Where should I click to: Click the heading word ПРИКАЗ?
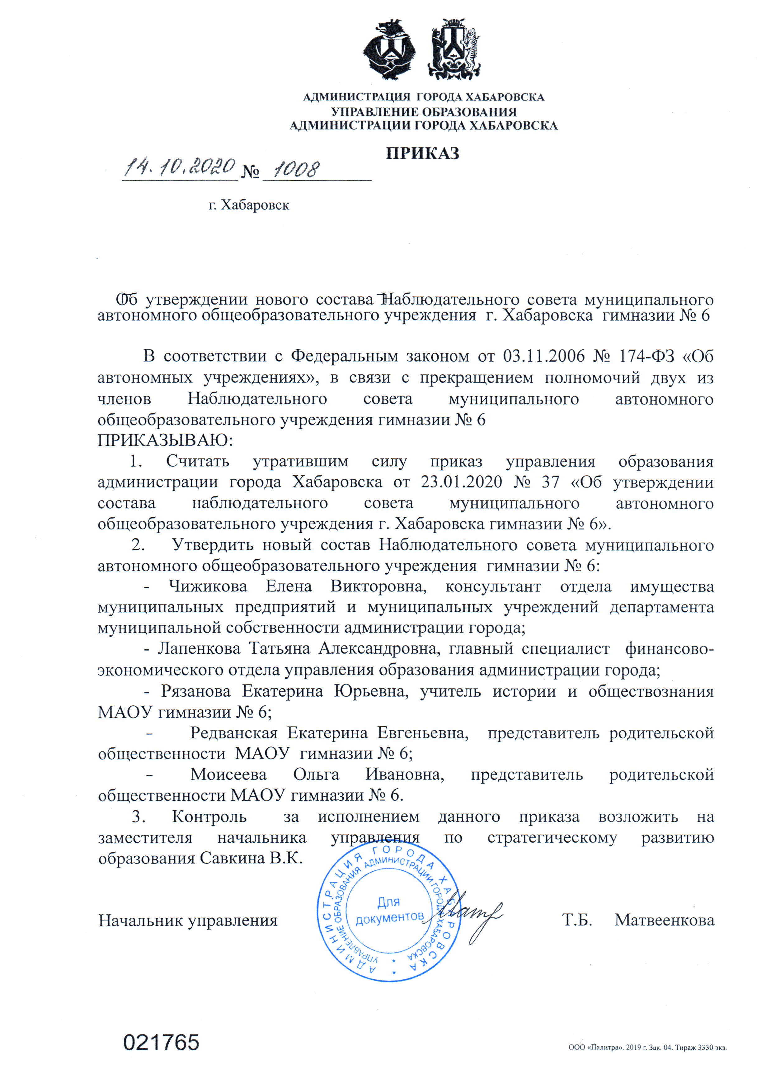(x=422, y=153)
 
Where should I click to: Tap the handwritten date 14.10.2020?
(x=180, y=167)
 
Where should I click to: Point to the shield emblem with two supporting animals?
(x=454, y=49)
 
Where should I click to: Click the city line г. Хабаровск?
(x=249, y=205)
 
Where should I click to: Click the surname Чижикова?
(x=208, y=587)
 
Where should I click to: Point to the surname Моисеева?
(x=228, y=775)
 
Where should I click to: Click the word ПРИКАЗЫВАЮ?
(x=165, y=440)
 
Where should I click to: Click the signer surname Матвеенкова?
(x=664, y=920)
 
